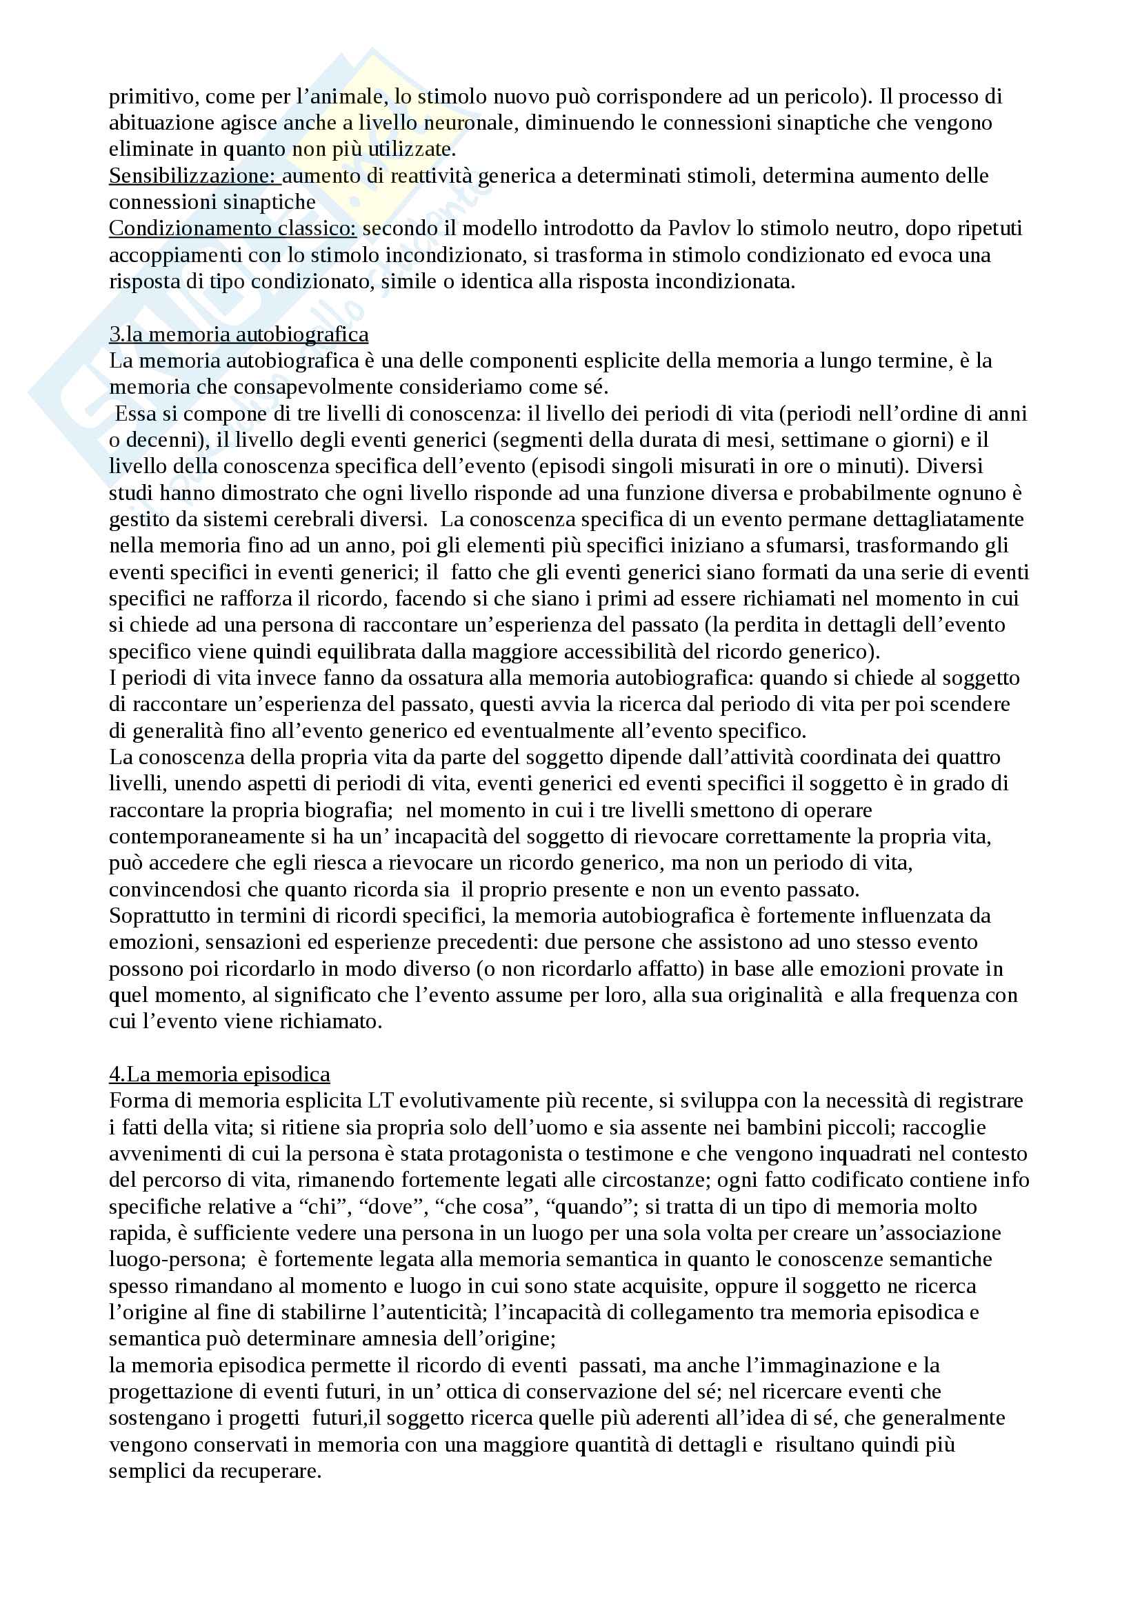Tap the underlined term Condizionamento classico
232,228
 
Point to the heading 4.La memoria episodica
219,1074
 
